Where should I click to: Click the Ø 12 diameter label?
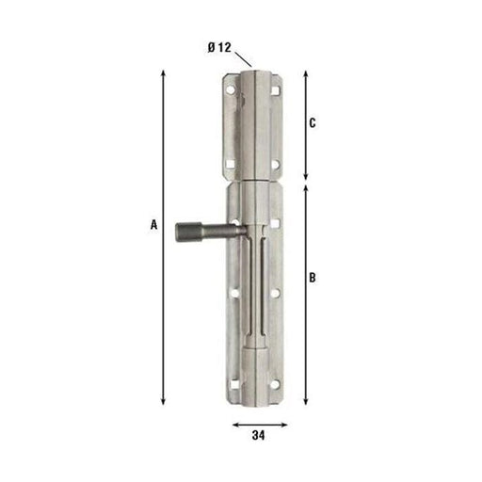[x=219, y=48]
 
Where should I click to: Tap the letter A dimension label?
[x=153, y=225]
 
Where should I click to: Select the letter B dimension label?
[x=313, y=278]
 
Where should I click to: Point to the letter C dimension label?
[x=313, y=123]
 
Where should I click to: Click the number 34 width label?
[x=258, y=435]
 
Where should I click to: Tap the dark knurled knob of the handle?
[x=188, y=232]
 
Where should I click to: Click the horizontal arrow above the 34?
[x=260, y=425]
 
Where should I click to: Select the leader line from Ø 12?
[x=243, y=59]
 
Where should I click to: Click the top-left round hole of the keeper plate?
[x=231, y=90]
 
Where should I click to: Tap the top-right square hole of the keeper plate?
[x=275, y=90]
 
